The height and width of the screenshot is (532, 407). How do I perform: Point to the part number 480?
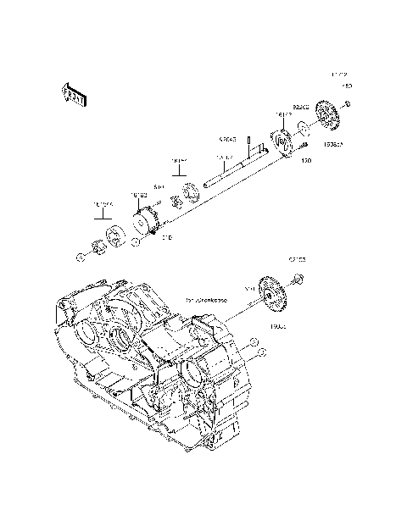347,86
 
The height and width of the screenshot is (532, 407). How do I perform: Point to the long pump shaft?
233,169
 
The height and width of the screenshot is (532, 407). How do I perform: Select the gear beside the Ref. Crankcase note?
274,296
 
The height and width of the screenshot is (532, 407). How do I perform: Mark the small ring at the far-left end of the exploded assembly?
79,256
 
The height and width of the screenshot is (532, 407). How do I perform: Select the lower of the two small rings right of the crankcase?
262,351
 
